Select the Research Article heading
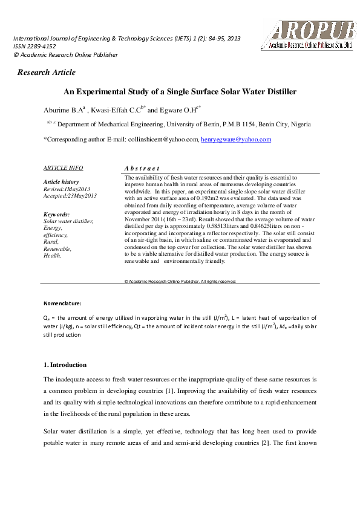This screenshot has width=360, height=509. point(47,73)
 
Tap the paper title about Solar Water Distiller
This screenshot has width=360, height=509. point(180,92)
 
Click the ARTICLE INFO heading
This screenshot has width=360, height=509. point(64,168)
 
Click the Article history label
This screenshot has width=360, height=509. point(61,182)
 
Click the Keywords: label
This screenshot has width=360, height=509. point(57,215)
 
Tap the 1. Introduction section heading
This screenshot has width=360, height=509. point(65,365)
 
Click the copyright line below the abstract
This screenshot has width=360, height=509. point(180,281)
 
